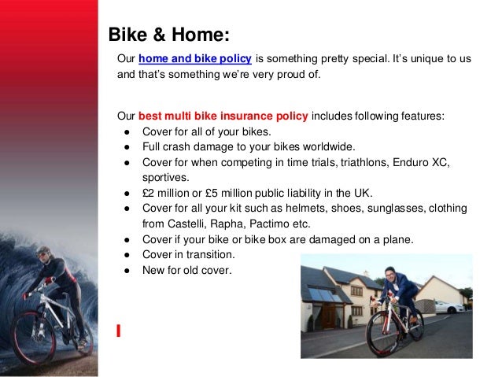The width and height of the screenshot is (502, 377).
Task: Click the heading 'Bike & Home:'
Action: [168, 35]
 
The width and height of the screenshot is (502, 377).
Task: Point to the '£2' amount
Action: [149, 193]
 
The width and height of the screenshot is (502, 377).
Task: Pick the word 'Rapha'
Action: [231, 224]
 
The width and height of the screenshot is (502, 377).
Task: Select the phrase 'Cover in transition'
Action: [187, 255]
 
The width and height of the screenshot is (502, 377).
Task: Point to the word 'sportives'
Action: [165, 178]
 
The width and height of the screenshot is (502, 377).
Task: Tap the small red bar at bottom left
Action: [118, 330]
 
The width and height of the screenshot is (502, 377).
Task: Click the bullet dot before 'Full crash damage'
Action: [127, 147]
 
